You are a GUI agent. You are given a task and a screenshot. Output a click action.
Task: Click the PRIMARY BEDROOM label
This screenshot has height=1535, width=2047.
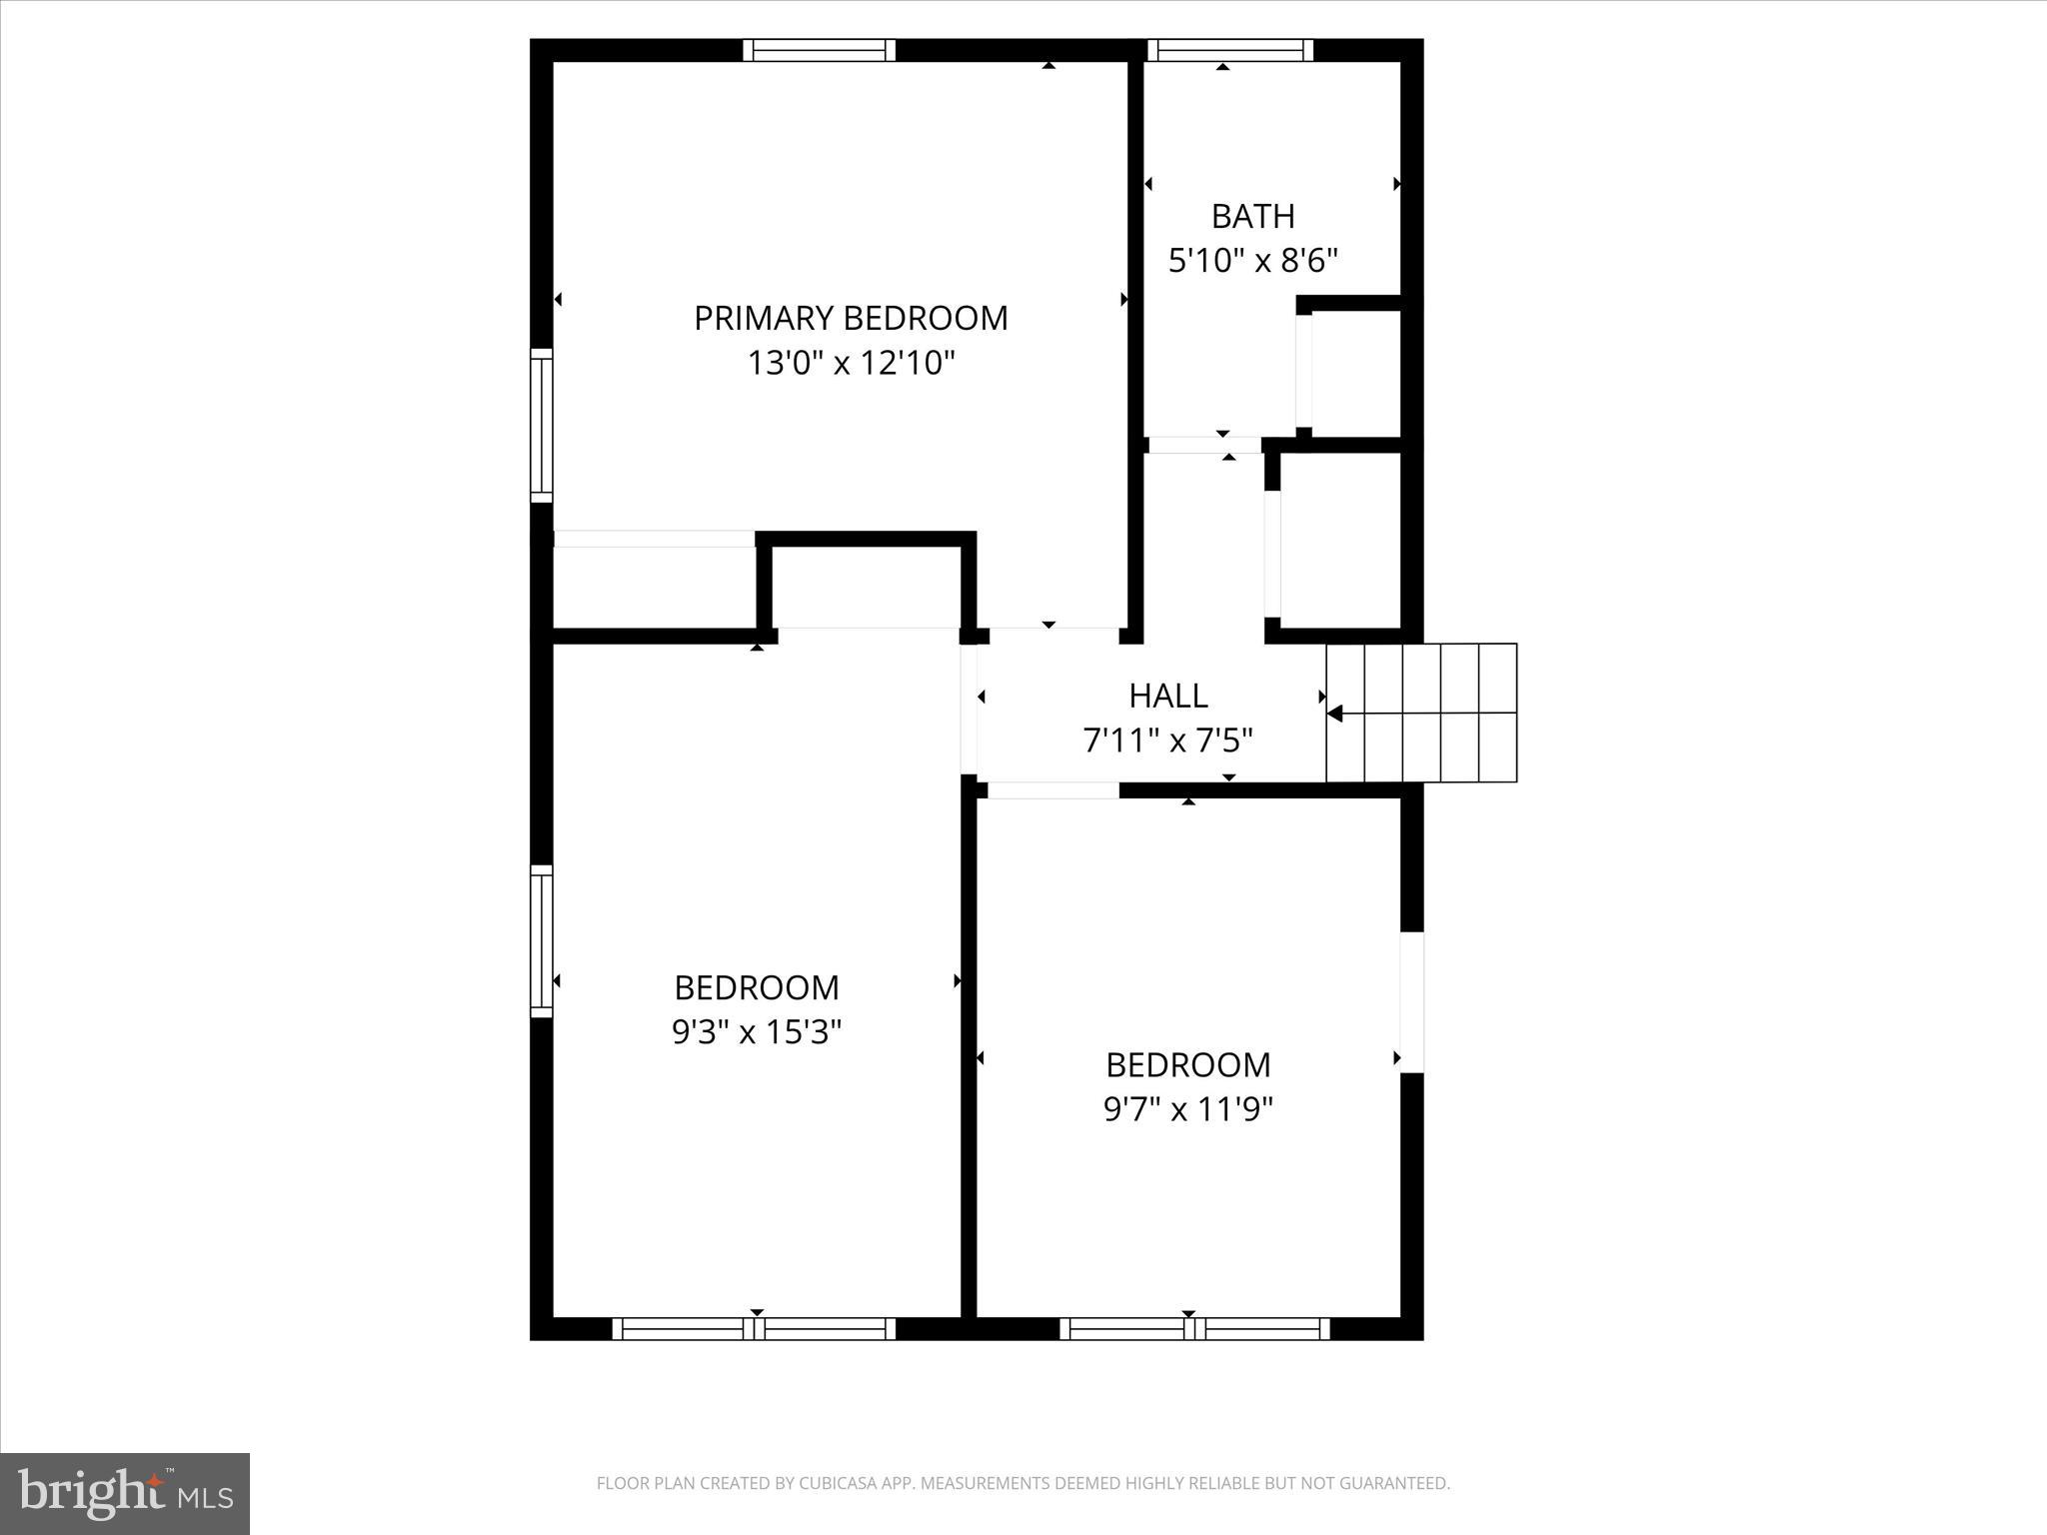point(851,318)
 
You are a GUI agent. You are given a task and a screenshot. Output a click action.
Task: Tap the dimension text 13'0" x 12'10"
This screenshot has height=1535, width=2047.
point(851,363)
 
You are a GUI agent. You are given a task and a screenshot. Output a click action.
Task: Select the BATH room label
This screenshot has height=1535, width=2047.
point(1252,216)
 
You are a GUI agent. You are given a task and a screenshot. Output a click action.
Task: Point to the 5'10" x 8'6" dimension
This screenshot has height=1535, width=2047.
point(1252,261)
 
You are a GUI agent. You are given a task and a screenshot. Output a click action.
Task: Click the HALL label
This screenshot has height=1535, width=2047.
point(1167,695)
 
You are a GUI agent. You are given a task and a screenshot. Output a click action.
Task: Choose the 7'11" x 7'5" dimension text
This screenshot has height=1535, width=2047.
point(1167,741)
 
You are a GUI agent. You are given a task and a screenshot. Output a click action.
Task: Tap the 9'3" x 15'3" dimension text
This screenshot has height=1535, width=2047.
point(757,1031)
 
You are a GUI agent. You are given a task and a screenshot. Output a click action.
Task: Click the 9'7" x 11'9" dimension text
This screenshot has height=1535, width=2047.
point(1187,1109)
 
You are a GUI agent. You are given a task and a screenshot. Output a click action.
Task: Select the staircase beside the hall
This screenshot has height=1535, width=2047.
point(1421,713)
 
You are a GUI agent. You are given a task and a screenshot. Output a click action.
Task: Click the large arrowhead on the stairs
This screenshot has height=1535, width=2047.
point(1334,713)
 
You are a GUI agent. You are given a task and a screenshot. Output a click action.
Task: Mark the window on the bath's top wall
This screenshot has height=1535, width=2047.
point(1229,50)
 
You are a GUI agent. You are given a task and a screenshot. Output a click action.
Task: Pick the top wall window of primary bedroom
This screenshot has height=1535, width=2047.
point(819,50)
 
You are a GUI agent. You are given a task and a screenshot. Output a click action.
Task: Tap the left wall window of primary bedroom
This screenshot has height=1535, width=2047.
point(541,426)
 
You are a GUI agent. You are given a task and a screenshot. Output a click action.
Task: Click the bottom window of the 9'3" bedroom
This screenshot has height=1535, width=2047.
point(754,1328)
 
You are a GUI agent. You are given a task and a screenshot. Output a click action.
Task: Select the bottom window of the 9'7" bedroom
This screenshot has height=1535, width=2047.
point(1194,1328)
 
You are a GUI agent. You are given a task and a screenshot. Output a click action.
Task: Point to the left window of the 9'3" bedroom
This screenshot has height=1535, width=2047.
point(541,940)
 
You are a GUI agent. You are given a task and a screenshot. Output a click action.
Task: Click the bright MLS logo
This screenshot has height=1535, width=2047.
point(125,1494)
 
